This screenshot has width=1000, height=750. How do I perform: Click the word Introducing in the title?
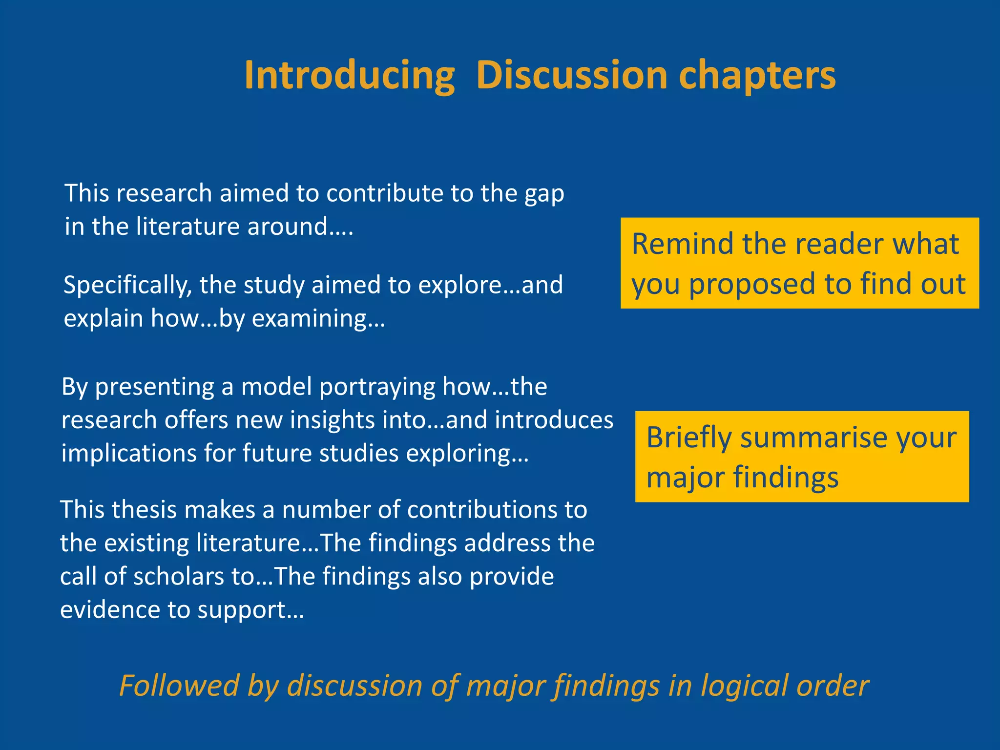pos(349,76)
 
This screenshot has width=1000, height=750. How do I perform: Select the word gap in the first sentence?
pos(544,194)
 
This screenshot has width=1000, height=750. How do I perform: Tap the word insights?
pos(333,420)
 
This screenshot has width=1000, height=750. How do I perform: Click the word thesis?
pos(144,510)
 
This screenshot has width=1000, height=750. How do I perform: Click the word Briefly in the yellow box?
pos(689,438)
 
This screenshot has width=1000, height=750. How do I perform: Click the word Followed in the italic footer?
pos(179,686)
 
